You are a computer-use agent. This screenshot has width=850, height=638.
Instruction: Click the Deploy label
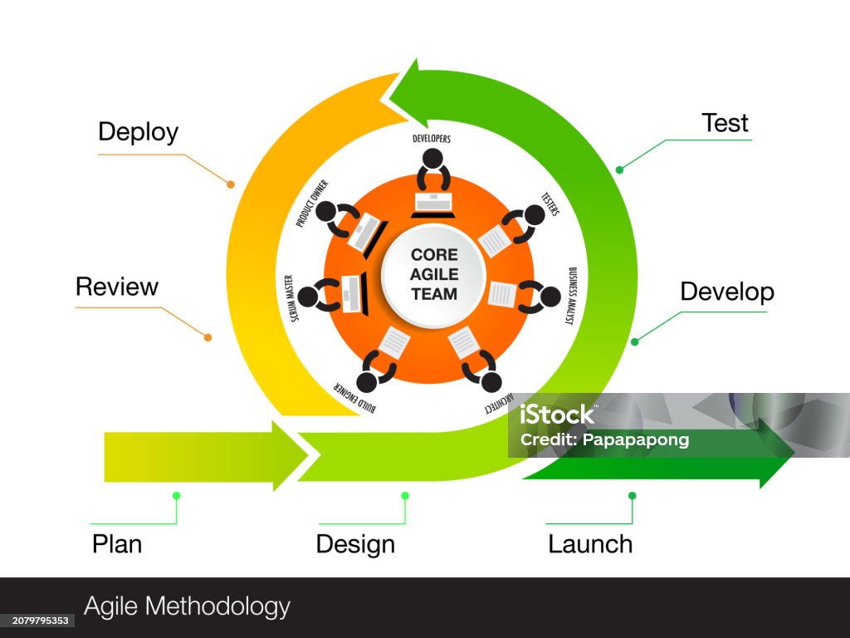tap(138, 132)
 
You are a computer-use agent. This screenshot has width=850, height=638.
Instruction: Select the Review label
tap(117, 287)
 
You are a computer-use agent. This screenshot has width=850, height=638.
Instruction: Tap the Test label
tap(725, 123)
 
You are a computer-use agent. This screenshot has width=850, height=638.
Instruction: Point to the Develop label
tap(727, 292)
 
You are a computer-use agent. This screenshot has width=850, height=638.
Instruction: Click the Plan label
tap(117, 544)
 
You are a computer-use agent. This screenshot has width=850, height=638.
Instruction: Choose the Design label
tap(355, 545)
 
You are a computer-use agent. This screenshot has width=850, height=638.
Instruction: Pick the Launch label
tap(590, 544)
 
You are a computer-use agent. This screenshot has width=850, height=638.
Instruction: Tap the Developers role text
tap(432, 139)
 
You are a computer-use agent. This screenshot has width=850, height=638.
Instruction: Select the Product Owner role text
tap(312, 203)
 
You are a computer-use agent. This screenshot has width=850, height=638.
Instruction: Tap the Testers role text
tap(550, 204)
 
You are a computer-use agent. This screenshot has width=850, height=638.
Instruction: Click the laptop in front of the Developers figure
tap(433, 202)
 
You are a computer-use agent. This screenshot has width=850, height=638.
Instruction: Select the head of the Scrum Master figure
tap(307, 296)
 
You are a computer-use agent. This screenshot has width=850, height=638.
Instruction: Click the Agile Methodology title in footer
tap(188, 606)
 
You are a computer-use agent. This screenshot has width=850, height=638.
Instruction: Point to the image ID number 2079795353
tap(37, 621)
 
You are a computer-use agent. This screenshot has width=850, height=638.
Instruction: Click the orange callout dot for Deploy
tap(231, 184)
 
